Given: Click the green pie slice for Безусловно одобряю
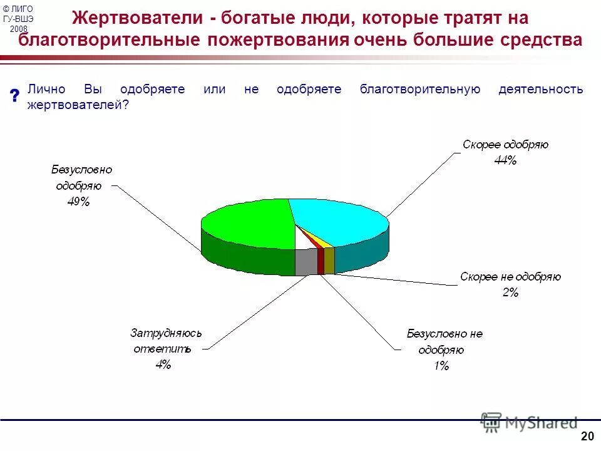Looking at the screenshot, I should (247, 222).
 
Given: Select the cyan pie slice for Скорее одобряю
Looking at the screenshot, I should (338, 219).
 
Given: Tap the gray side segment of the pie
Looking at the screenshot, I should (306, 262).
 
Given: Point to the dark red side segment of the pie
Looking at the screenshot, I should (321, 261).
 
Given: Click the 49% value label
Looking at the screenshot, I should (80, 202).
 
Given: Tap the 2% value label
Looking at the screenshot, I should (510, 292).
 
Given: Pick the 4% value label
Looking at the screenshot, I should (163, 365).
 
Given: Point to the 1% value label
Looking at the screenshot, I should (441, 366).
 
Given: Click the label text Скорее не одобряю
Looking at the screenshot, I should (510, 276).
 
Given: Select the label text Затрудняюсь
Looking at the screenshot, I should (166, 333).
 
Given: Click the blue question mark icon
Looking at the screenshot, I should (14, 96).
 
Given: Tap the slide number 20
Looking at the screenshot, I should (587, 437).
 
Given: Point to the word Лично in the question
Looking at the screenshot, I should (46, 89).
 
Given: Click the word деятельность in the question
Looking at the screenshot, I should (540, 89).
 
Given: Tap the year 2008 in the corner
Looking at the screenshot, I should (19, 29).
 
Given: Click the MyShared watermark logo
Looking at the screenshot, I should (529, 423).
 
